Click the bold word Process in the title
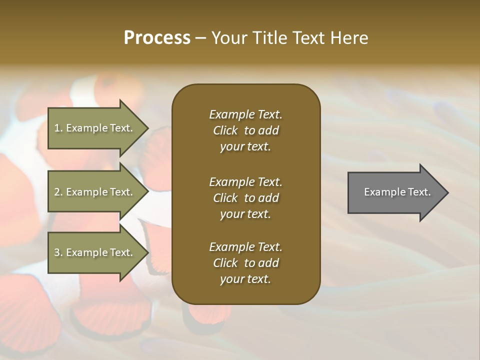tap(157, 38)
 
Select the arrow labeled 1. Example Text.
tap(95, 128)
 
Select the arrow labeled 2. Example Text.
tap(95, 192)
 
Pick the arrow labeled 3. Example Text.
tap(95, 252)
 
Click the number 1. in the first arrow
tap(58, 128)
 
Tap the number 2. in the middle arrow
tap(58, 192)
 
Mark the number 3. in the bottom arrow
tap(58, 252)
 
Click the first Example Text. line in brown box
tap(245, 114)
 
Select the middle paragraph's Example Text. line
tap(245, 182)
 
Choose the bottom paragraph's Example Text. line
tap(245, 247)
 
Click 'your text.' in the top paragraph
tap(245, 147)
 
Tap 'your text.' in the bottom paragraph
tap(245, 279)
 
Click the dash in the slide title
tap(200, 38)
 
